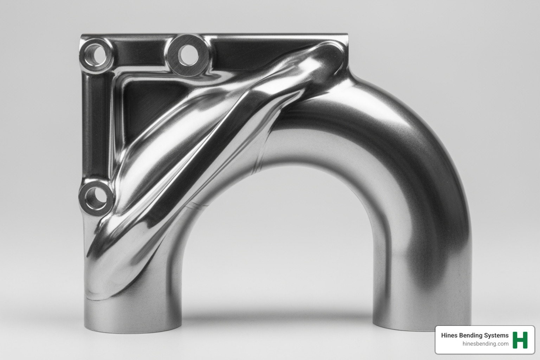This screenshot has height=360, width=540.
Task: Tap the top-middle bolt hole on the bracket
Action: pyautogui.click(x=186, y=55)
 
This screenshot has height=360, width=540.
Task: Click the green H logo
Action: pyautogui.click(x=520, y=340)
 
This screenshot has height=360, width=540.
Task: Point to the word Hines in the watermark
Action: pyautogui.click(x=449, y=335)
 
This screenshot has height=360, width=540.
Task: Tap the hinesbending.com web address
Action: pyautogui.click(x=486, y=344)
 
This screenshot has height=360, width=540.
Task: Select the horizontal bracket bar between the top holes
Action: pyautogui.click(x=141, y=53)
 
